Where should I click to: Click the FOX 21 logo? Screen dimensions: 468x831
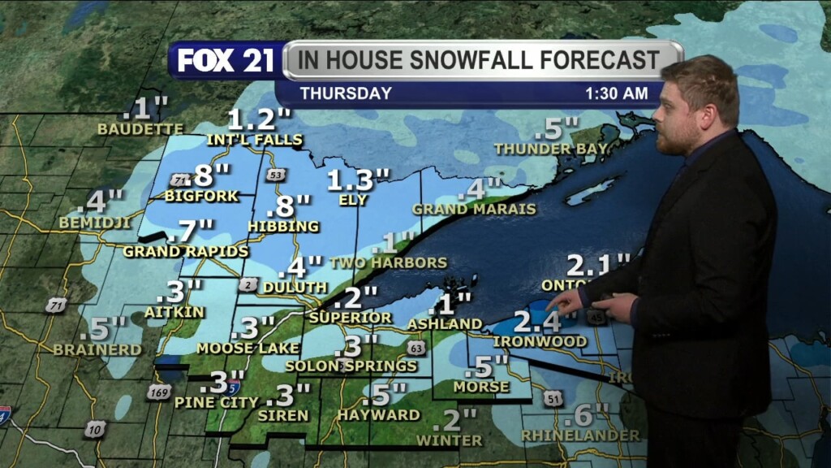[226, 61]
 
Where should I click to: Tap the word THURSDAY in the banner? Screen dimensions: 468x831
[346, 93]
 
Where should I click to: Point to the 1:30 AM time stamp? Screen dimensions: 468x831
[617, 93]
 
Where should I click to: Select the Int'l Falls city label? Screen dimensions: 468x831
[255, 140]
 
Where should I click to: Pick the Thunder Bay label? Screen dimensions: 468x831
[550, 149]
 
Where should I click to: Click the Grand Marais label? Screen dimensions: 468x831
[474, 209]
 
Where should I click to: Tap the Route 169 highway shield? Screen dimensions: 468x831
[159, 392]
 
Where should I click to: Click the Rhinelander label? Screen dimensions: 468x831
[579, 436]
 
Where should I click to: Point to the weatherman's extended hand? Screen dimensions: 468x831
[566, 302]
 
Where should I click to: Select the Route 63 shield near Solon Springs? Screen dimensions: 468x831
[416, 348]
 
